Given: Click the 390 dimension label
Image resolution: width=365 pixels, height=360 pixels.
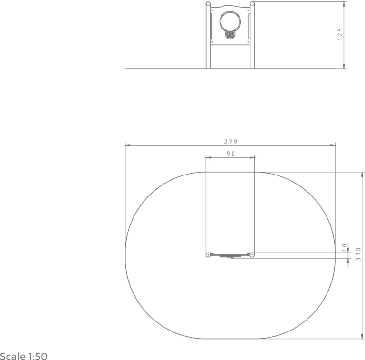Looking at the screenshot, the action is click(x=231, y=141).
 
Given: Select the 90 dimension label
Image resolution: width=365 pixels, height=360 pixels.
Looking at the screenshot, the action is click(x=231, y=154).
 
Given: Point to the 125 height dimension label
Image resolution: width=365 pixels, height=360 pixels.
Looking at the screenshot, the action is click(x=340, y=34).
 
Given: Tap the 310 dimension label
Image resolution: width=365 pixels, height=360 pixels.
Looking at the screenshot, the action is click(x=358, y=254).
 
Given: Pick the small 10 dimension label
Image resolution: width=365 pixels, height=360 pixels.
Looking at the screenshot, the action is click(x=345, y=247).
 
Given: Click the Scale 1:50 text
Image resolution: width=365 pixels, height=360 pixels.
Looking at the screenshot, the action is click(x=23, y=356).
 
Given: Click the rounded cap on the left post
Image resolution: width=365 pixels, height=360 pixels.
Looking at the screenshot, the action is click(x=208, y=3).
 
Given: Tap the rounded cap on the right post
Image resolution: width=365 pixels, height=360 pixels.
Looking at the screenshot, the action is click(x=252, y=3).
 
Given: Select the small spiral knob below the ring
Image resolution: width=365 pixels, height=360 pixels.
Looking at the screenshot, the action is click(x=230, y=35).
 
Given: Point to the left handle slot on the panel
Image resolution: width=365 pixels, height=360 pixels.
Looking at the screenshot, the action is click(x=211, y=26).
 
